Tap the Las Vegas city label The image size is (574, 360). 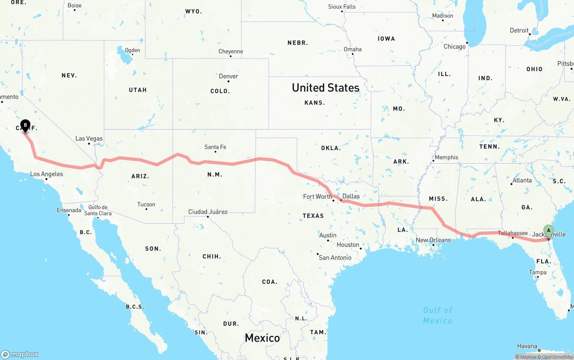click(89, 139)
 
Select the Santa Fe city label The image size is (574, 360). click(215, 147)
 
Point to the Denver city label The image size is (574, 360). click(228, 76)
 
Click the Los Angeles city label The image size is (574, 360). click(47, 174)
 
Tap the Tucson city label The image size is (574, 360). click(146, 204)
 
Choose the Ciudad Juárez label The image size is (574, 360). click(208, 212)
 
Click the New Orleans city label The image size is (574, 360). click(433, 240)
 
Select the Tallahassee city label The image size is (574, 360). click(513, 233)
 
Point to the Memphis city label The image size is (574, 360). click(446, 157)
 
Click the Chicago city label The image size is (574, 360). click(454, 47)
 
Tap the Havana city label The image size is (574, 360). click(527, 346)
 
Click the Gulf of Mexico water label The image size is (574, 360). click(438, 315)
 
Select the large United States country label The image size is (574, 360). click(326, 87)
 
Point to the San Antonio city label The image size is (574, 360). click(335, 257)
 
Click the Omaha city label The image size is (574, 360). click(352, 49)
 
